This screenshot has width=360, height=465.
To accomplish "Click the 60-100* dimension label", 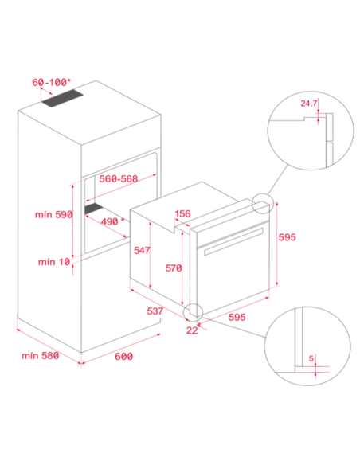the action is coord(51,82).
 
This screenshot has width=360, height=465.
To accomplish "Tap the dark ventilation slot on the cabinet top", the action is coord(62,99).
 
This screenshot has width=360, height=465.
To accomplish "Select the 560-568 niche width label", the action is coord(119,179).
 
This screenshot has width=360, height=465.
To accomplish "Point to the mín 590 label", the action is coord(53,214).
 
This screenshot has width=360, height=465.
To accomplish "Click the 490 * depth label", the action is coord(112,221).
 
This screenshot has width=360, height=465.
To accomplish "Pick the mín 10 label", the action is coord(54,262).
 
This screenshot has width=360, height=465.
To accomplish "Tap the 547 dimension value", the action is coord(142,250).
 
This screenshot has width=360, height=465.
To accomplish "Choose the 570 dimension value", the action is coord(174,268).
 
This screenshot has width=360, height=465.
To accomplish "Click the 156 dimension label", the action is coord(182,213).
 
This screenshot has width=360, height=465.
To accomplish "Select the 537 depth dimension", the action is coord(155,311).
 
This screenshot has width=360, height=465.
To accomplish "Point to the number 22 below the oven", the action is coord(192,330).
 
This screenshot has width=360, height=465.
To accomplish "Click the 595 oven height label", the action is coord(287,237).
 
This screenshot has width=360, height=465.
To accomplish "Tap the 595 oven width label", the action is coord(237,317).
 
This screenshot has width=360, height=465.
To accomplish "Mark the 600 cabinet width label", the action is coord(123,356).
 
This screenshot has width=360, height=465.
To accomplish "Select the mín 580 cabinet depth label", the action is coord(41,355).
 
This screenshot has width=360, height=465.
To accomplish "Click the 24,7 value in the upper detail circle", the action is coord(309,104).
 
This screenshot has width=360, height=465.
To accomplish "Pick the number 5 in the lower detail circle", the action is coord(311,358).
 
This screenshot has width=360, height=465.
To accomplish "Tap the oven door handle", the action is coord(233,241).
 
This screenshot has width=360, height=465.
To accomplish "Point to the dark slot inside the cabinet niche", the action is coord(94,209).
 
